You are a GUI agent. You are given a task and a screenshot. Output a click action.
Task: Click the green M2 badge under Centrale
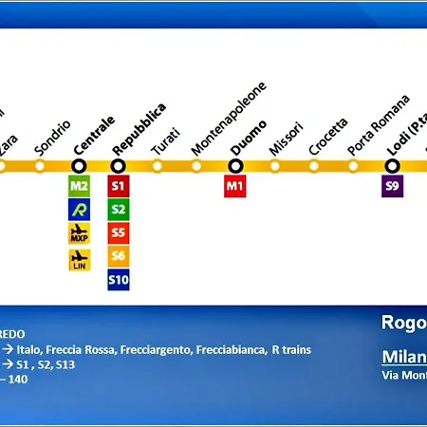click(80, 187)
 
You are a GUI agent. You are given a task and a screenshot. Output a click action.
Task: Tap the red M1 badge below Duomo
click(235, 187)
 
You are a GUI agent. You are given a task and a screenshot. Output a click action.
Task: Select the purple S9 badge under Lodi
click(392, 187)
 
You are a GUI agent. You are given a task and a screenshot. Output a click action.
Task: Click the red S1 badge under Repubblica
click(119, 187)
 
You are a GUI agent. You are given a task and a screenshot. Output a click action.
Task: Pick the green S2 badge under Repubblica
click(119, 210)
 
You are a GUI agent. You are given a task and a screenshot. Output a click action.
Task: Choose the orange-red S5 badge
click(119, 232)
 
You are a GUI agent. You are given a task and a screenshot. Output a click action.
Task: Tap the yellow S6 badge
click(119, 256)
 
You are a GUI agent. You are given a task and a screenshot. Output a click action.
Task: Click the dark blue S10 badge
click(119, 279)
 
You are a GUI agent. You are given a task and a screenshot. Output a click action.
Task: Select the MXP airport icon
click(80, 233)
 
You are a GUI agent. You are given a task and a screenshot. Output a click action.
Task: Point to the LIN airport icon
click(80, 258)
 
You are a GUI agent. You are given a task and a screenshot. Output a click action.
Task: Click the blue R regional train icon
click(80, 210)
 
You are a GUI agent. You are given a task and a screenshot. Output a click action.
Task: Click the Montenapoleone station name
click(229, 119)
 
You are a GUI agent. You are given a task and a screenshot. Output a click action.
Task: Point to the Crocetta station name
click(328, 136)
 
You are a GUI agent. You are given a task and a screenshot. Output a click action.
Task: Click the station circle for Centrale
click(80, 166)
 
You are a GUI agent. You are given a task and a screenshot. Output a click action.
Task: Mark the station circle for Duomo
click(235, 166)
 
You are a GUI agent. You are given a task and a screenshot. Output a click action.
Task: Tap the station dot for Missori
click(274, 166)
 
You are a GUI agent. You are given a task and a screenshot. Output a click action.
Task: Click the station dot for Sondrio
click(40, 166)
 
